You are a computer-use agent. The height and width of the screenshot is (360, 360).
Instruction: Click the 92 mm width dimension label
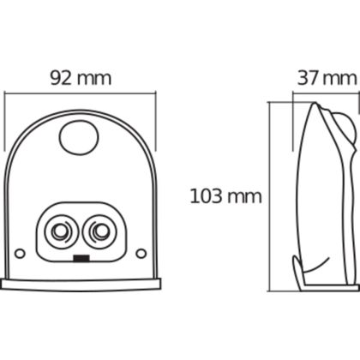(x=81, y=78)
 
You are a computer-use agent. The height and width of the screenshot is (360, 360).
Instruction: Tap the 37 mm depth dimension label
(x=327, y=78)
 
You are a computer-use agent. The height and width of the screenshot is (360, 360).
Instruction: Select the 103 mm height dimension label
(x=225, y=196)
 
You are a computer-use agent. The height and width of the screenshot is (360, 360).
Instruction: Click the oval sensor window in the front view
(x=79, y=138)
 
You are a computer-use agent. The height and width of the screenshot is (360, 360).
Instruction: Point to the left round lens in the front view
(x=62, y=231)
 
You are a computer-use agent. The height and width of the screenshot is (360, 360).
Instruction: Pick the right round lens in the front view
(x=99, y=231)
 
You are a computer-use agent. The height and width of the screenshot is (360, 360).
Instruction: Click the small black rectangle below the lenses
(x=81, y=258)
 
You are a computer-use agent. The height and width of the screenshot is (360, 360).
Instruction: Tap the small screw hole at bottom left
(x=20, y=253)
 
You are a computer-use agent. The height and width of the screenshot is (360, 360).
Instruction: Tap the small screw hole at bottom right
(x=141, y=253)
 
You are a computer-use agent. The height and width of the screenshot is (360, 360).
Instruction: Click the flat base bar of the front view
(x=81, y=285)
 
